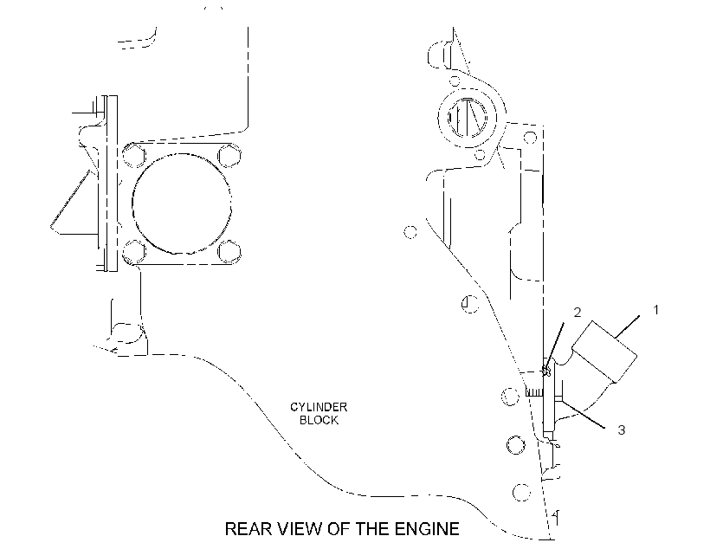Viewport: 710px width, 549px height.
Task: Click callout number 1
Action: coord(655,310)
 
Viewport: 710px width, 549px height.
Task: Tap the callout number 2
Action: coord(578,312)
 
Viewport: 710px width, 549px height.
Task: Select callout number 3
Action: coord(622,430)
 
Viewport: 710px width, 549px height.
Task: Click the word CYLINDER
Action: coord(319,407)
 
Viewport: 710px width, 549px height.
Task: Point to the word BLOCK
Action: coord(319,420)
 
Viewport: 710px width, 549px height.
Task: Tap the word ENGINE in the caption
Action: coord(427,528)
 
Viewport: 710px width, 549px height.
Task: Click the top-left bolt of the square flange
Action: coord(134,155)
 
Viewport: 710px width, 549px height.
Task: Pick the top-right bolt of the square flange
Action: coord(229,155)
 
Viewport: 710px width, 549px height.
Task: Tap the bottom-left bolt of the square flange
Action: coord(134,251)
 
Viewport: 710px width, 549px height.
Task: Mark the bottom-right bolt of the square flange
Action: coord(229,251)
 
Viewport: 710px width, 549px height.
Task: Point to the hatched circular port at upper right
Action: coord(467,117)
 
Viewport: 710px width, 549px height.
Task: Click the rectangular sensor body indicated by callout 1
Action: coord(605,351)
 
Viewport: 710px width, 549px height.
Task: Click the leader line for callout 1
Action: coord(628,326)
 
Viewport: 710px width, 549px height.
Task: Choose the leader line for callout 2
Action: coord(555,346)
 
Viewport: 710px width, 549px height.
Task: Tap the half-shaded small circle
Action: coord(470,303)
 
